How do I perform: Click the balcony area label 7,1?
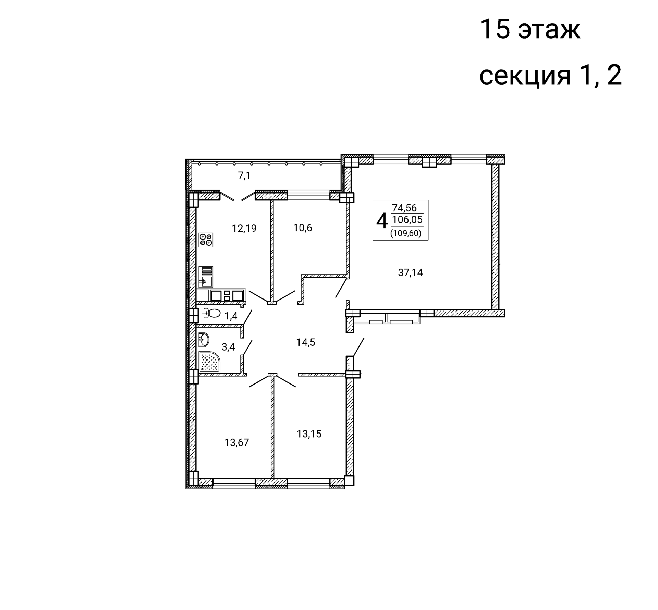click(x=244, y=176)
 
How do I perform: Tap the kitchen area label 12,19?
click(x=244, y=228)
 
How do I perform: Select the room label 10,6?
click(x=303, y=228)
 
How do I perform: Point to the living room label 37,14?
click(x=410, y=272)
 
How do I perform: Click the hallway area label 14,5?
click(x=306, y=342)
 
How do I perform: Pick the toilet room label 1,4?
click(x=231, y=316)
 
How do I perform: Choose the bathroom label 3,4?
click(x=228, y=347)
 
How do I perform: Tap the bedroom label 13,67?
click(x=236, y=442)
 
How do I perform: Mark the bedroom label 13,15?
click(x=309, y=434)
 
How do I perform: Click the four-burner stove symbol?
click(x=206, y=240)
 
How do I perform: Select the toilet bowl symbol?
click(x=212, y=313)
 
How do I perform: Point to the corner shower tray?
click(x=209, y=362)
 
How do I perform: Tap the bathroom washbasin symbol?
click(x=204, y=340)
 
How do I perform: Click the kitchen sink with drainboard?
click(x=206, y=277)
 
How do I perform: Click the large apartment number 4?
click(x=382, y=220)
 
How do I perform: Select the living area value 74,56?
click(x=404, y=208)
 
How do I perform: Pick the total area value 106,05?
click(x=407, y=219)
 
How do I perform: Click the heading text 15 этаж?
click(x=530, y=30)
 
